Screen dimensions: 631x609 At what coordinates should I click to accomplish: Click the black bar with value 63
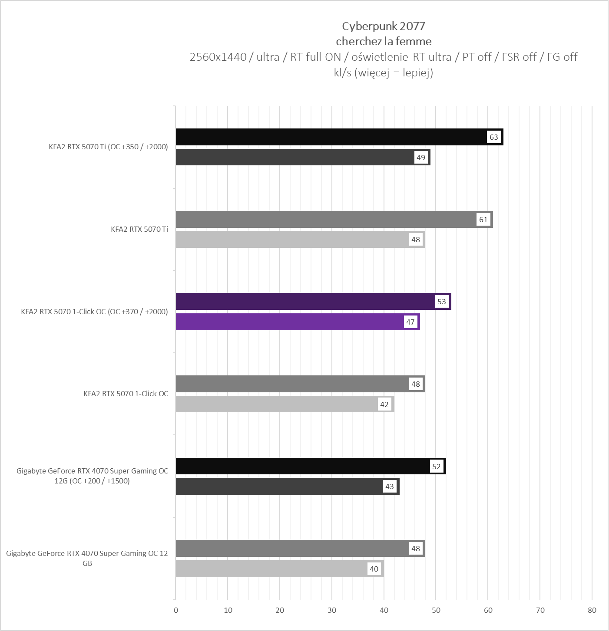point(330,137)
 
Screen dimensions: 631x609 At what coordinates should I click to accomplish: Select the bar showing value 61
point(326,220)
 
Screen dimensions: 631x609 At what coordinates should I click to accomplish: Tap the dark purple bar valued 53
point(304,302)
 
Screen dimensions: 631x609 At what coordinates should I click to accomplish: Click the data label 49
point(421,158)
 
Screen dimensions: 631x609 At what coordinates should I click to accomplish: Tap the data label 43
point(390,486)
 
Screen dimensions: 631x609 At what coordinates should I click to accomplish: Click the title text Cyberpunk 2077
point(384,26)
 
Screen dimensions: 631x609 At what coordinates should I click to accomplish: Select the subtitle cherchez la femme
point(384,41)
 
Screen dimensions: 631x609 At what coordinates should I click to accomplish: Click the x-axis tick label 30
point(332,610)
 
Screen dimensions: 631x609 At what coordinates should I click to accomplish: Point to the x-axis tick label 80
point(592,610)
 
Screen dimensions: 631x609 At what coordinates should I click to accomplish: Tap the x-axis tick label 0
point(176,610)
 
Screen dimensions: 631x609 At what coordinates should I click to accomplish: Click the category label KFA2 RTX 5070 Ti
point(139,229)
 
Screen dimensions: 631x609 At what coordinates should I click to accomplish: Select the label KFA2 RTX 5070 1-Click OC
point(126,394)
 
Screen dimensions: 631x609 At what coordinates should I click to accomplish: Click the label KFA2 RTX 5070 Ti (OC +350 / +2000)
point(108,147)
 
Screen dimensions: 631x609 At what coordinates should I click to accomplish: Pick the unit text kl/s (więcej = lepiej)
point(384,72)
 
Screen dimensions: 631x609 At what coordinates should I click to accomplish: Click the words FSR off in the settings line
point(519,57)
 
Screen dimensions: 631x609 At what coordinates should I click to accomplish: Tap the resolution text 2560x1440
point(218,57)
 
